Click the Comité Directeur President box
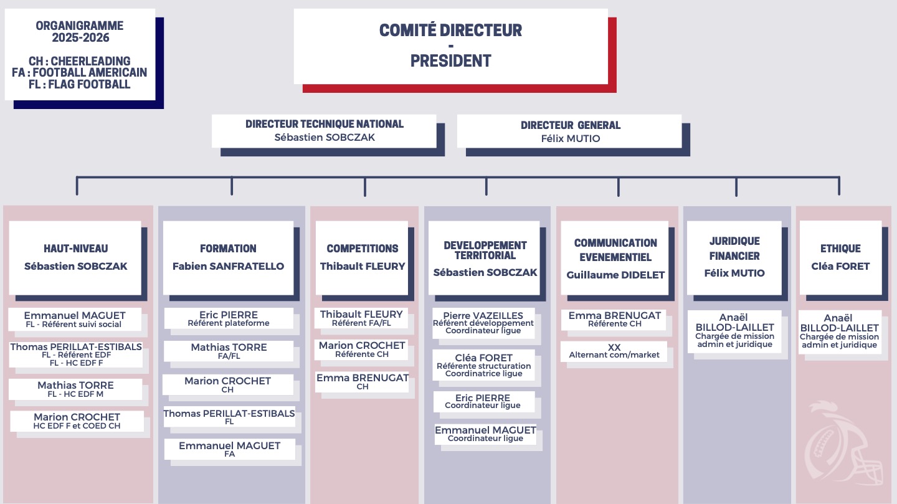pos(450,46)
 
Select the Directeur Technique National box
pos(324,131)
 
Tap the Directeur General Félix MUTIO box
pos(570,131)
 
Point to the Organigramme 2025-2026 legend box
pos(80,54)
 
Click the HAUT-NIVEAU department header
pos(75,257)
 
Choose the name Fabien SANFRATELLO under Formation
pos(228,267)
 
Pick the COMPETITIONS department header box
pos(363,257)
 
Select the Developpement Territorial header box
pos(485,257)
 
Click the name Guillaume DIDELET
pos(615,275)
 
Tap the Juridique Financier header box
pos(734,257)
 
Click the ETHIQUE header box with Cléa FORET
pos(840,257)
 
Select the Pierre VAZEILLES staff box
pos(483,323)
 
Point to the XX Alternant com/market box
pos(614,351)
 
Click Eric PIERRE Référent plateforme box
pos(229,318)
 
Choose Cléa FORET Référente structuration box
pos(483,365)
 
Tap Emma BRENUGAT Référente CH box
pos(614,319)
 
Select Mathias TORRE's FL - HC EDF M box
pos(75,389)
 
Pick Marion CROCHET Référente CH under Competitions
pos(361,349)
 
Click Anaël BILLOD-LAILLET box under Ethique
pos(839,332)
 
